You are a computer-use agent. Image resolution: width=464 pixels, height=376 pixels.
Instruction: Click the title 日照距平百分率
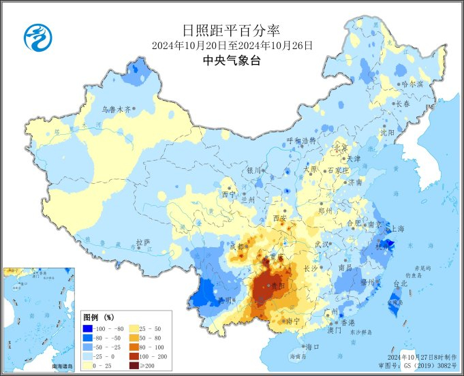point(232,30)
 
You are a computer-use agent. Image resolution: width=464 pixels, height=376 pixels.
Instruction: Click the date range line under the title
point(232,46)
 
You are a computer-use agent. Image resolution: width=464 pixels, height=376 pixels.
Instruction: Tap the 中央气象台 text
point(232,61)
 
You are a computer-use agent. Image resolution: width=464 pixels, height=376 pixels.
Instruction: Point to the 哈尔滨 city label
point(412,84)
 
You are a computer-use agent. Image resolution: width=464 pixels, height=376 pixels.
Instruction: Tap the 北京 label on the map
point(340,148)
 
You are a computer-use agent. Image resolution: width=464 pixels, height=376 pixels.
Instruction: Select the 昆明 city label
point(225,300)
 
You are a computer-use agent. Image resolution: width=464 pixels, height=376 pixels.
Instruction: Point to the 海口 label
point(312,347)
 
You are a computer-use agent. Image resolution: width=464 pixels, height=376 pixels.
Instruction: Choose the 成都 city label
point(237,246)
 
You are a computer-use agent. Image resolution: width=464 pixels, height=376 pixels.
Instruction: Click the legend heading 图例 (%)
point(98,317)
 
